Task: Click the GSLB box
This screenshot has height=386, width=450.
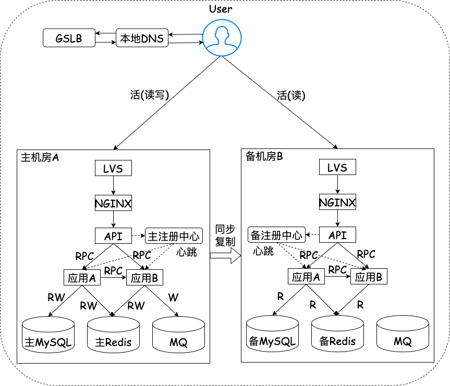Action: [69, 39]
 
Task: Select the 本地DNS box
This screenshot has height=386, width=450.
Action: [142, 39]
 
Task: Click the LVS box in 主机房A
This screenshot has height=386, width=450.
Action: [113, 168]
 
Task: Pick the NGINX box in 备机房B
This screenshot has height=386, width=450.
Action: [337, 202]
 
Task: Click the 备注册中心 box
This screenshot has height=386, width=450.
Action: [276, 235]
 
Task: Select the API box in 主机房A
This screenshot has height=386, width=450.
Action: [113, 236]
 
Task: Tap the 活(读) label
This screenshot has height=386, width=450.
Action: [291, 95]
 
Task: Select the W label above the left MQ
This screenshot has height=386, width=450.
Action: [173, 297]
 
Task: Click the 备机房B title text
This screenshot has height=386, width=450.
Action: [264, 157]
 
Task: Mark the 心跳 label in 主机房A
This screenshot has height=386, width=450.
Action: [187, 252]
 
